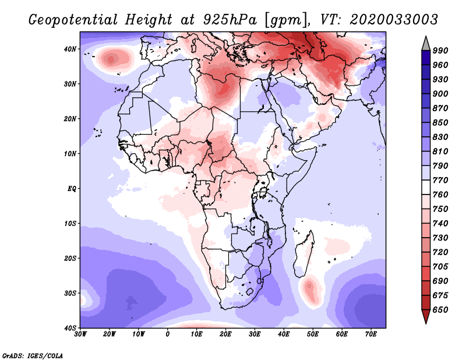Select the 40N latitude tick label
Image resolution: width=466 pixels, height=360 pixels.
point(70,49)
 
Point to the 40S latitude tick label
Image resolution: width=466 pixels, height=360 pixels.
point(70,328)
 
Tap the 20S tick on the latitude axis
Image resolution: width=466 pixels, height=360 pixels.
point(70,258)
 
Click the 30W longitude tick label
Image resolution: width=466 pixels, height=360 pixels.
point(80,334)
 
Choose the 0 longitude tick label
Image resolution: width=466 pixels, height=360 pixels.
point(168,334)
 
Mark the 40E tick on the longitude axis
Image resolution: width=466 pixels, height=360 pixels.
point(284,334)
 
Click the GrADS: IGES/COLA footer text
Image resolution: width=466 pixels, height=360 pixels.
point(32,355)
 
